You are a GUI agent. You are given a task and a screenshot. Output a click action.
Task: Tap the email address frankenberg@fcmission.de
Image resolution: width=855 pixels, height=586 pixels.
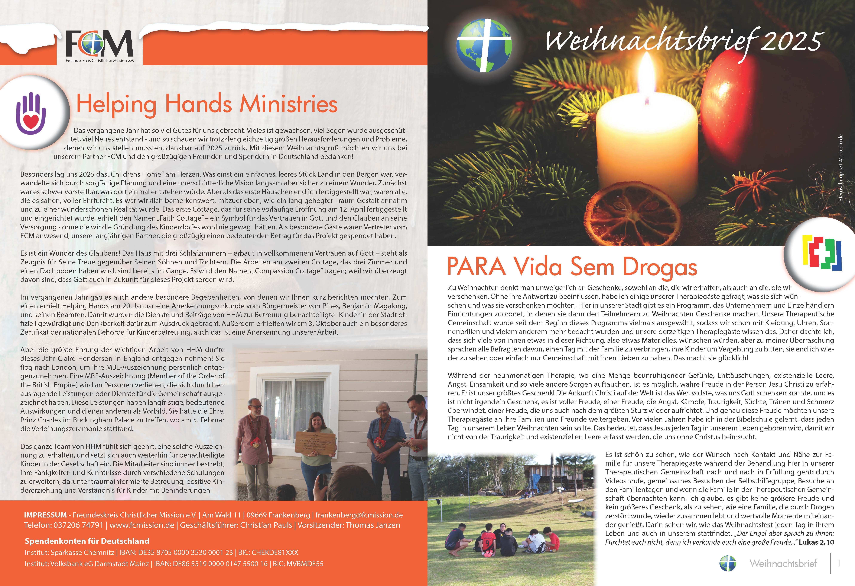pos(359,515)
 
